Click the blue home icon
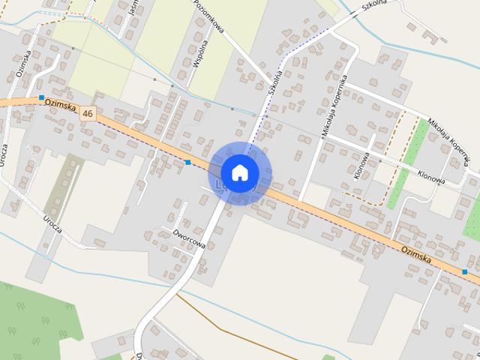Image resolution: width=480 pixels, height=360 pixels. click(240, 172)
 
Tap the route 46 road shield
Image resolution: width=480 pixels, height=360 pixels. click(88, 113)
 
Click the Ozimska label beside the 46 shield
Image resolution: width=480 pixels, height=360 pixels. click(61, 107)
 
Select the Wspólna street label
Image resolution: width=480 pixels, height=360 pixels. click(196, 53)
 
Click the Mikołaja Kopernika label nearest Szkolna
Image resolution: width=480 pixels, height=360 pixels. click(334, 104)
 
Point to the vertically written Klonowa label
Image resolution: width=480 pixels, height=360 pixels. click(361, 166)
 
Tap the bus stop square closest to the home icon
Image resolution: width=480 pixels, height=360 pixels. click(187, 162)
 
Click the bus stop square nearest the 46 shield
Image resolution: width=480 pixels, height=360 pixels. click(41, 97)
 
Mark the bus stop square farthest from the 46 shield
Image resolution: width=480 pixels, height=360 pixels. click(465, 271)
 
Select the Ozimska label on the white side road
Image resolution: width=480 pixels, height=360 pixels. click(22, 64)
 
